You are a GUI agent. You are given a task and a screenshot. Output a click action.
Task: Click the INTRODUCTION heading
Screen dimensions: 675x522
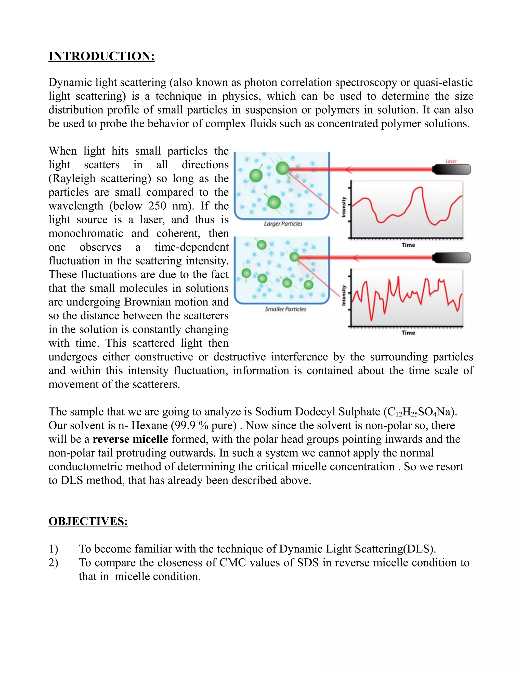point(101,56)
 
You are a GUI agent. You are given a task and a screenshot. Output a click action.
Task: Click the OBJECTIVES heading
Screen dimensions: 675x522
point(88,521)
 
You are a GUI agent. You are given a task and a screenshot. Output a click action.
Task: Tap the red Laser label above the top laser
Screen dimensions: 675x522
point(451,161)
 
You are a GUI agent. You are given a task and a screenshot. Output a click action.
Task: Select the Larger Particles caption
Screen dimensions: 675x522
point(283,223)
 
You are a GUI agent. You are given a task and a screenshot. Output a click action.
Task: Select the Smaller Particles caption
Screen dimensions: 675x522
point(285,309)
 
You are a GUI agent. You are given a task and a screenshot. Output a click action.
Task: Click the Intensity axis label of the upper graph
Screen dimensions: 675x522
point(344,207)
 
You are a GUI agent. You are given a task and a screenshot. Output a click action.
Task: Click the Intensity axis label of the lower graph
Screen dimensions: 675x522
point(344,295)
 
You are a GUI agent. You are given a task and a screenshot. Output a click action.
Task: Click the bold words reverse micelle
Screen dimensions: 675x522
point(130,439)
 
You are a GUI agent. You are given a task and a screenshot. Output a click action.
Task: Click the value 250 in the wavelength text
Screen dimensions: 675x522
point(158,206)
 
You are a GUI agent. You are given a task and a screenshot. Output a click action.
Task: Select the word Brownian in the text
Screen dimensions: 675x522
point(144,302)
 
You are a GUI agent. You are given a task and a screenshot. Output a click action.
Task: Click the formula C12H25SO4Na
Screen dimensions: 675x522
point(420,412)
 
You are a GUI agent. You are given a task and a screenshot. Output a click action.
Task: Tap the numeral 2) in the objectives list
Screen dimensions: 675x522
point(53,562)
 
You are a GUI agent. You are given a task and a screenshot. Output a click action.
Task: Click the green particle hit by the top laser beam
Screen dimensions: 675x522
point(282,168)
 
